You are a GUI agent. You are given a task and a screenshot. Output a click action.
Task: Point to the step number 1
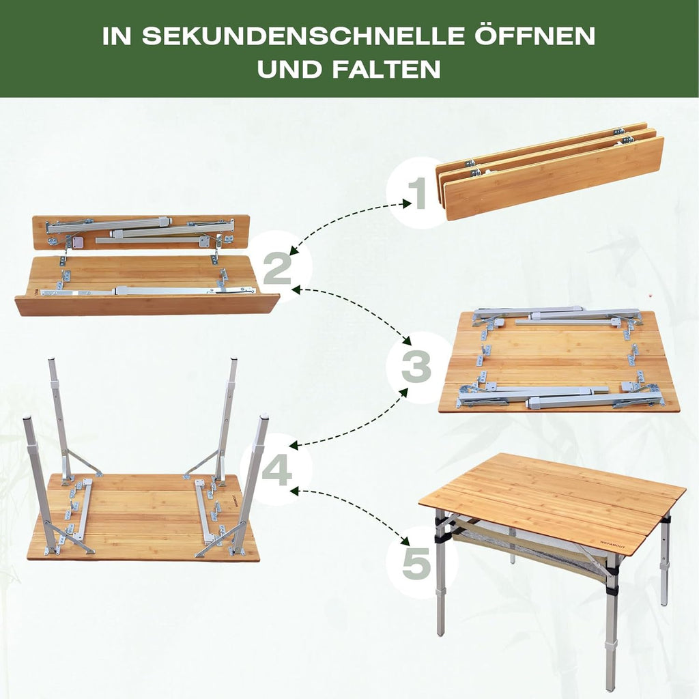pyautogui.click(x=418, y=193)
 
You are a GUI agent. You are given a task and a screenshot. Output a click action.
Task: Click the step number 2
pyautogui.click(x=277, y=268)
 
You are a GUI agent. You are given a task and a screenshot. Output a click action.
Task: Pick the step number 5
pyautogui.click(x=417, y=562)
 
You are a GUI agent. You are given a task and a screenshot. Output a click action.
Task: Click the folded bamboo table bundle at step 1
pyautogui.click(x=550, y=172)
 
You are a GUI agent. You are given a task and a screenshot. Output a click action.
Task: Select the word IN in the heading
pyautogui.click(x=117, y=36)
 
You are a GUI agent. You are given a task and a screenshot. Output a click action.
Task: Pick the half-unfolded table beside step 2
pyautogui.click(x=147, y=266)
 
